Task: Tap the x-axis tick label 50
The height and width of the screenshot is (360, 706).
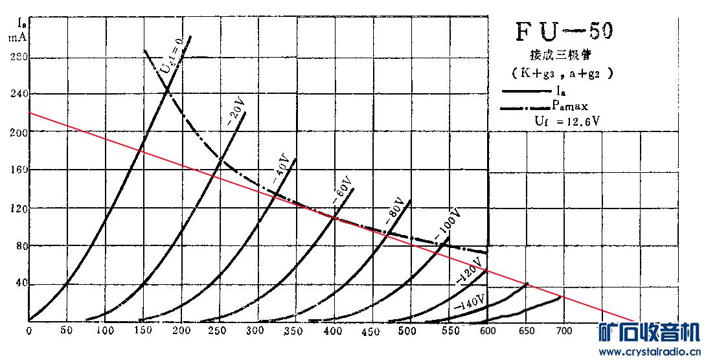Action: [x=66, y=331]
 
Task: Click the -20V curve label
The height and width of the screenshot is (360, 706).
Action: [x=236, y=111]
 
